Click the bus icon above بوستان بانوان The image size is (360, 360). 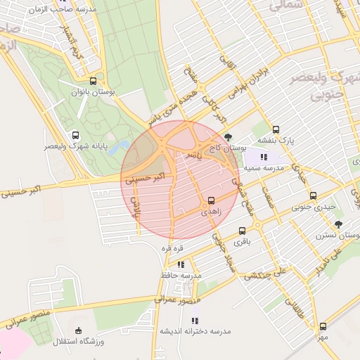[94, 81]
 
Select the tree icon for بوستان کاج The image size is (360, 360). [226, 137]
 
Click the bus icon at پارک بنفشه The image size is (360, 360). [276, 130]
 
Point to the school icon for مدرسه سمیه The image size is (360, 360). [264, 157]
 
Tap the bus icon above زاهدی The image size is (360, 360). [211, 200]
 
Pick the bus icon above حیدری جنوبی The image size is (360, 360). [313, 195]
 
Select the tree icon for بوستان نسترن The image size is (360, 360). [338, 224]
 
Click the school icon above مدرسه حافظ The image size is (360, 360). [181, 264]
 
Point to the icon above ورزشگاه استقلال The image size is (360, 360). [78, 330]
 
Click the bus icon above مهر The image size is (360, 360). [323, 326]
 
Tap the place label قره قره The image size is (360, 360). [172, 248]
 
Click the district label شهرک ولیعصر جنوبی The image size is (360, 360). [331, 84]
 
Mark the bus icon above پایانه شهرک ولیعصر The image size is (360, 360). [76, 135]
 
